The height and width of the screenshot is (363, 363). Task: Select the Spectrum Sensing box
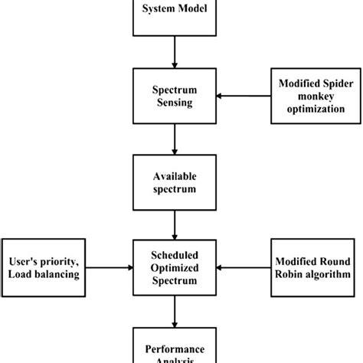pyautogui.click(x=177, y=96)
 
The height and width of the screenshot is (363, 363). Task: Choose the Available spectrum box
pyautogui.click(x=177, y=181)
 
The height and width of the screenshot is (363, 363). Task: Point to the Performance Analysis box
pyautogui.click(x=177, y=348)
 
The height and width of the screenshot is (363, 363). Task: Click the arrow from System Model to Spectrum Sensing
pyautogui.click(x=177, y=52)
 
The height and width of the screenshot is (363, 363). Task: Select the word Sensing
pyautogui.click(x=177, y=103)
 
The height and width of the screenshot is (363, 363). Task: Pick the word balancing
pyautogui.click(x=59, y=273)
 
